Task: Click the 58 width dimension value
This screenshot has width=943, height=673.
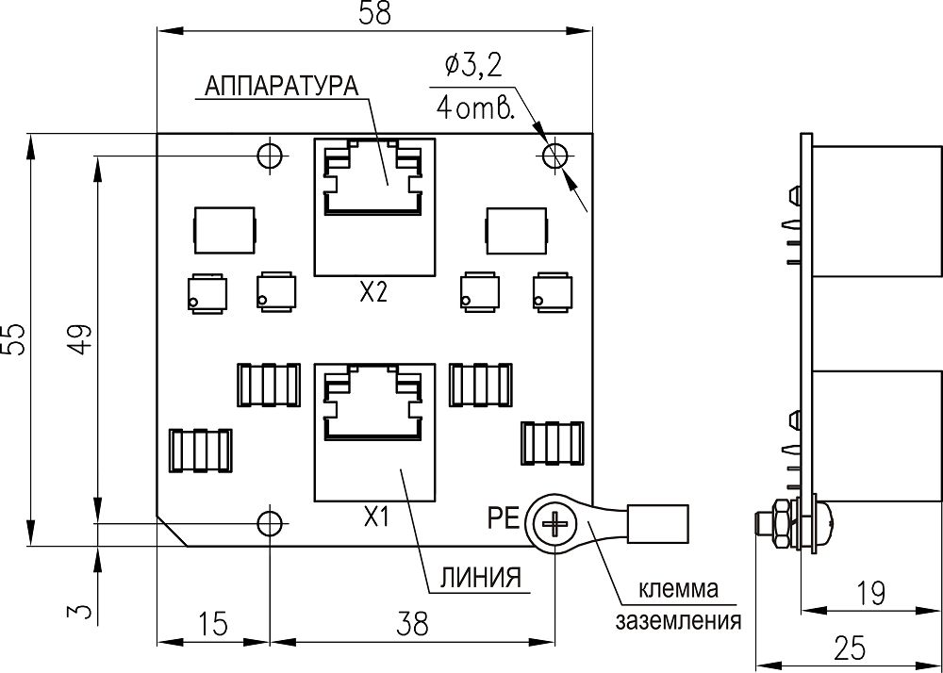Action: (x=374, y=13)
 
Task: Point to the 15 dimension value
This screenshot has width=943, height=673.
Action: (x=213, y=624)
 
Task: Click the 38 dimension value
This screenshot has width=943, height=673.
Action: (x=413, y=624)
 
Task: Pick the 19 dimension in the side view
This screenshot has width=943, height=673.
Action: (x=870, y=594)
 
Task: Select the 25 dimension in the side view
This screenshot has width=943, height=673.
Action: (x=850, y=648)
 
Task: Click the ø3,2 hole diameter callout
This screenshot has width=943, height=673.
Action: (x=472, y=67)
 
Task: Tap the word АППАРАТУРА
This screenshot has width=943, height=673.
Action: (x=281, y=86)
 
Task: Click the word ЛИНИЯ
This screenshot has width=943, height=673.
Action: (x=481, y=578)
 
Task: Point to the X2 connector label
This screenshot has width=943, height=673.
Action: (x=373, y=294)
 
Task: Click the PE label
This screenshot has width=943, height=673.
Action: (x=504, y=519)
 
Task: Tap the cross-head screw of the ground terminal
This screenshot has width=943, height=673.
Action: (x=554, y=525)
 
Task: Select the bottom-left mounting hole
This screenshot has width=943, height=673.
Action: (x=270, y=523)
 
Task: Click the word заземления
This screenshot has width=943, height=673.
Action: (x=678, y=620)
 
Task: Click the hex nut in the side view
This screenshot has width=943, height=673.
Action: (x=780, y=524)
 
